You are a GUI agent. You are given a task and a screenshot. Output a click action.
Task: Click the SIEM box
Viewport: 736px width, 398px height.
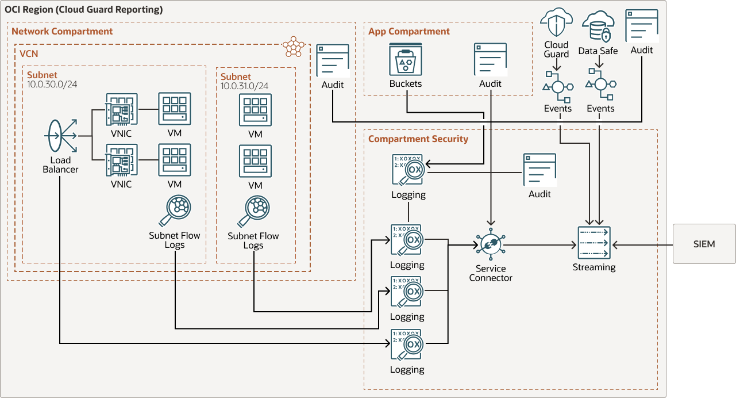tap(704, 244)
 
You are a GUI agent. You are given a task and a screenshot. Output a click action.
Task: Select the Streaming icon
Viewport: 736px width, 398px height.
tap(594, 243)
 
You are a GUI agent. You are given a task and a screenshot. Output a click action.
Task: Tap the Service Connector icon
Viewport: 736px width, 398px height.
tap(490, 244)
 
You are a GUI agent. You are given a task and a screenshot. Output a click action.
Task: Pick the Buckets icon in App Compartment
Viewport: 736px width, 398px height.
tap(406, 59)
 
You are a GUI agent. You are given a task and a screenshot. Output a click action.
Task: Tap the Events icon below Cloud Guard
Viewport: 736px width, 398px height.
tap(557, 87)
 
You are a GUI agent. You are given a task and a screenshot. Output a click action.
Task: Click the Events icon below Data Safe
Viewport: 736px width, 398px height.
tap(600, 86)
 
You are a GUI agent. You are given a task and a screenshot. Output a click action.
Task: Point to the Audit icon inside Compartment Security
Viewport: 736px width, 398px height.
tap(540, 170)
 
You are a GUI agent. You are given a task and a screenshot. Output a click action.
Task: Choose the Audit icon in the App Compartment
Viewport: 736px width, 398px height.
tap(490, 59)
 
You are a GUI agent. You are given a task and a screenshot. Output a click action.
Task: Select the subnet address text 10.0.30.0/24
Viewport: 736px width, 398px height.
tap(51, 85)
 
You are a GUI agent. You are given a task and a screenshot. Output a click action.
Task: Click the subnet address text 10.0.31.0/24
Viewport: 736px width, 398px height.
tap(245, 86)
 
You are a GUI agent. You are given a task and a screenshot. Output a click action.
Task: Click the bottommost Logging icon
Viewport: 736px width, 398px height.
tap(407, 345)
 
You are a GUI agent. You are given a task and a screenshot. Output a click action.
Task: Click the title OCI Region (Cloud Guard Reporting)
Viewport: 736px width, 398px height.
tap(83, 10)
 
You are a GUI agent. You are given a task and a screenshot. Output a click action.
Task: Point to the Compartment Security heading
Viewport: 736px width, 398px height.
tap(418, 139)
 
